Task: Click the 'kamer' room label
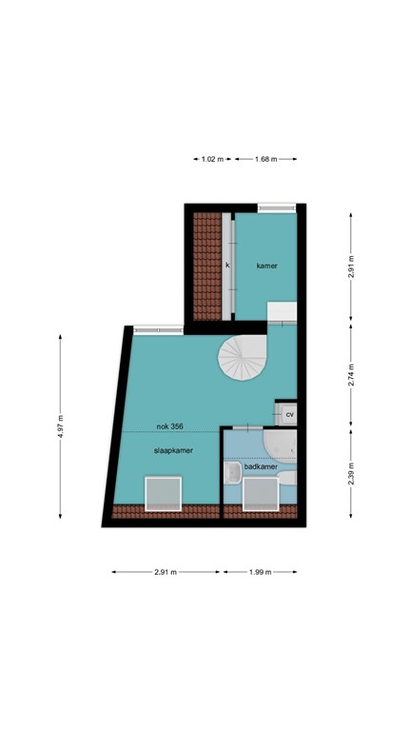coord(266,266)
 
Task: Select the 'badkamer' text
coord(260,467)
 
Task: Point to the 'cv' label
coord(289,415)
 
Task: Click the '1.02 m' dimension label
coord(212,159)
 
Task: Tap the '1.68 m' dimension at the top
coord(266,159)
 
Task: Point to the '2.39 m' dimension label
coord(351,472)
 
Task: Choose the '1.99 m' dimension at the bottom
coord(260,572)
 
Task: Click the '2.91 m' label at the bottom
coord(166,572)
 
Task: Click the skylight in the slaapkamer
coord(163,495)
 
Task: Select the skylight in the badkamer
coord(260,495)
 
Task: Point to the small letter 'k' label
coord(227,266)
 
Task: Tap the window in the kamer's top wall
coord(275,207)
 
